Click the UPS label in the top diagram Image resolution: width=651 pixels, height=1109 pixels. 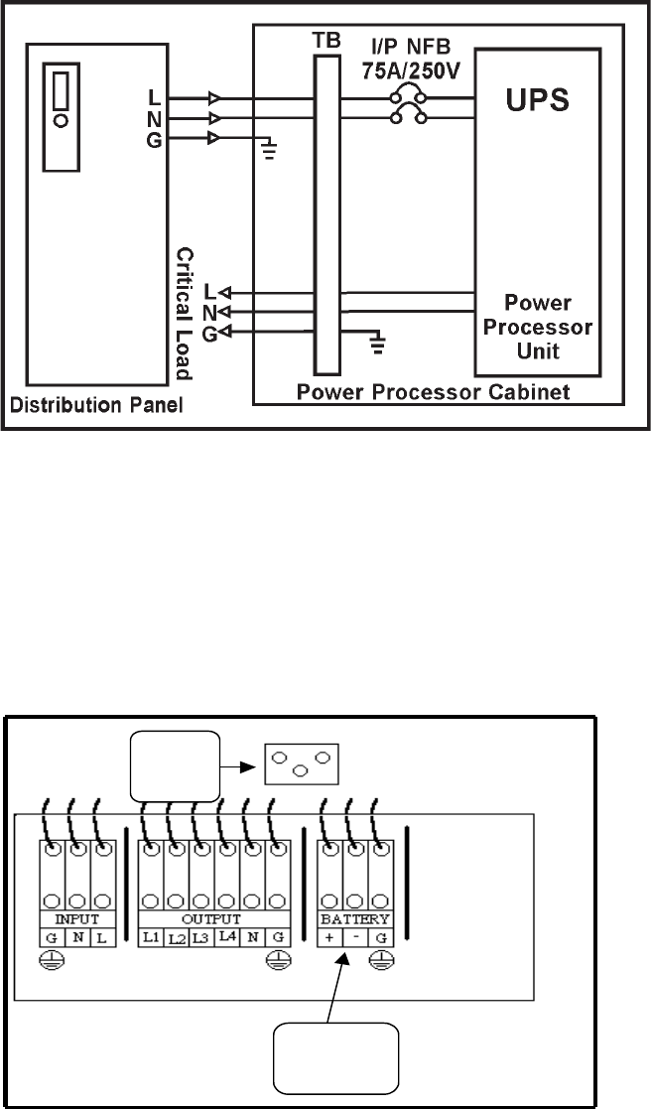[x=537, y=102]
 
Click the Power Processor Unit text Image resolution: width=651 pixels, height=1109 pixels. [x=537, y=325]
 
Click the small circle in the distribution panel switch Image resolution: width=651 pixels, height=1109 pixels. [x=63, y=121]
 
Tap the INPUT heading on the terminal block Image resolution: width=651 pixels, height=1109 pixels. [x=77, y=920]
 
